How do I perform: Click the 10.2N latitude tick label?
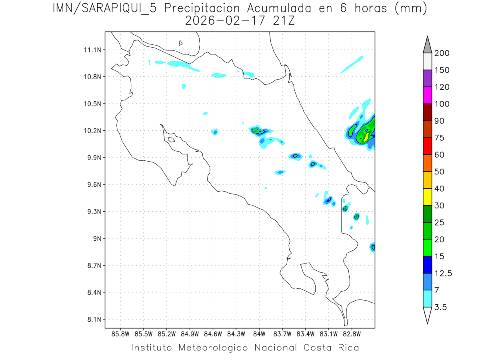(93, 131)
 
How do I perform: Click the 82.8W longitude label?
(352, 334)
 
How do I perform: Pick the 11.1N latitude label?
(93, 50)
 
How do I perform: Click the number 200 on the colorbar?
(441, 53)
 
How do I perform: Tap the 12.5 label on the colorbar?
(443, 273)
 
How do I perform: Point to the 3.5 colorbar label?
(440, 307)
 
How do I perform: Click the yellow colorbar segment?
(427, 197)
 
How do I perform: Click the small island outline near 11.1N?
(181, 43)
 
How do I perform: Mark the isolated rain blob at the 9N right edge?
(373, 247)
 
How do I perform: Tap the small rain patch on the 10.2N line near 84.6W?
(215, 132)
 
